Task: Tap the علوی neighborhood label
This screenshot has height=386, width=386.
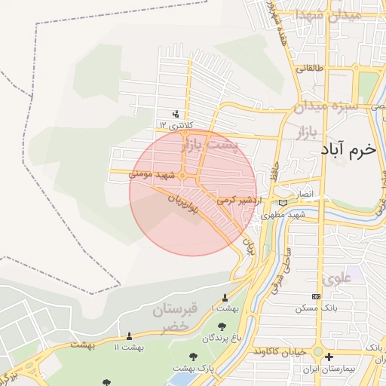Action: pos(337,277)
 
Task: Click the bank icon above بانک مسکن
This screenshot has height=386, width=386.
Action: pos(315,296)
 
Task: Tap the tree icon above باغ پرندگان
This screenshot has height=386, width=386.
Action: pos(222,326)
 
